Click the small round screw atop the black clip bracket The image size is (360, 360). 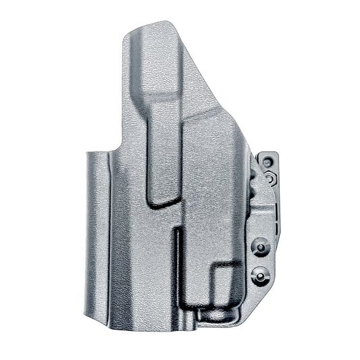click(x=268, y=162)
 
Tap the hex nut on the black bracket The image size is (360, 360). click(x=269, y=178)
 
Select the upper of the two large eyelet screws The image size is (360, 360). click(x=260, y=248)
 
